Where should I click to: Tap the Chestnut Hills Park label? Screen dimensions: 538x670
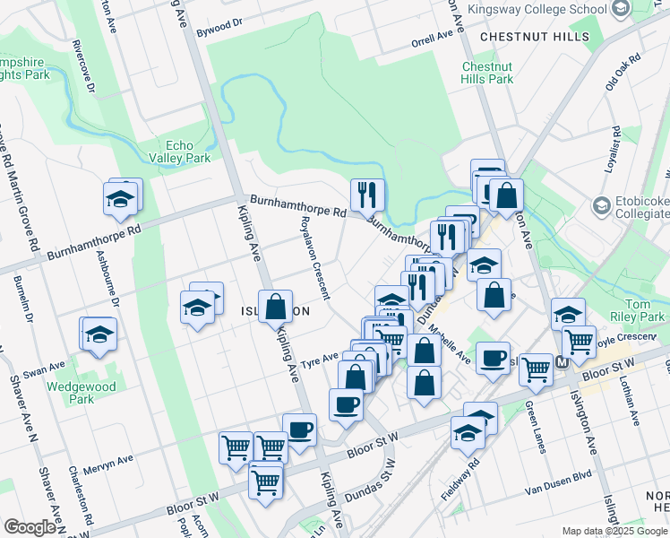pos(487,73)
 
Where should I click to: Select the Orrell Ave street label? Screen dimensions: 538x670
pos(433,39)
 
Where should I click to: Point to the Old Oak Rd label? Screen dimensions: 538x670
pos(623,71)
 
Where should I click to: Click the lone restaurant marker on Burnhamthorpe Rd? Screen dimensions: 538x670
pos(367,195)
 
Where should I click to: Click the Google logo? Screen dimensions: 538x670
pos(30,527)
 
